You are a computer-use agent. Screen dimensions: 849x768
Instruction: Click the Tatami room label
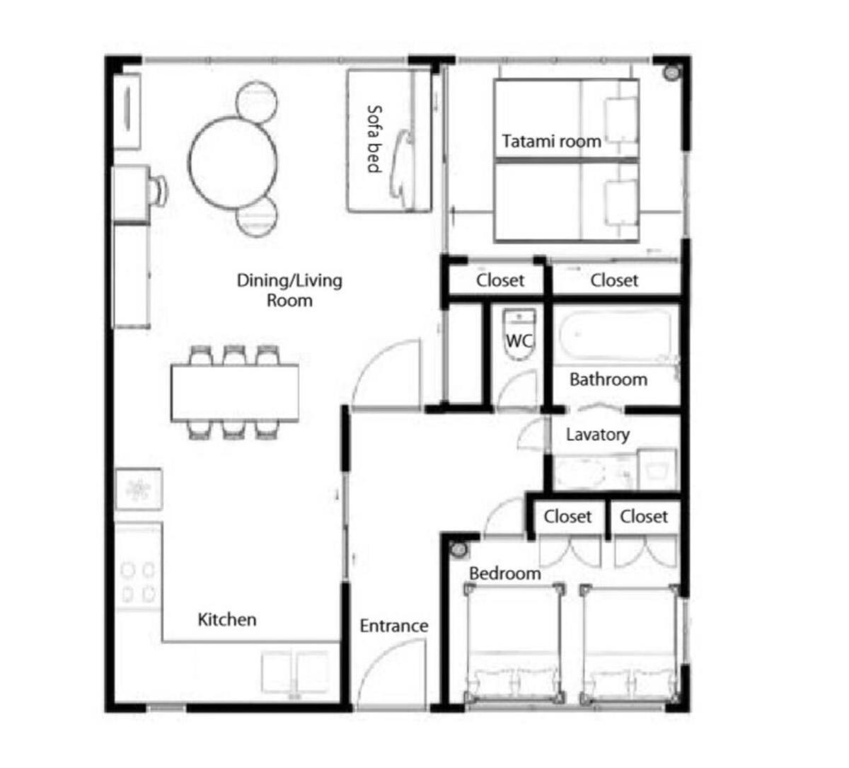(551, 142)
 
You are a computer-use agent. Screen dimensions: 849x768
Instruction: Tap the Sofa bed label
(374, 139)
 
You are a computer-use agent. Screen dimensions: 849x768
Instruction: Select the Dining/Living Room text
(289, 290)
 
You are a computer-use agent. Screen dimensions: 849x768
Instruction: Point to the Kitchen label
(227, 620)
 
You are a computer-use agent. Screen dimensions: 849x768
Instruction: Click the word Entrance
(394, 626)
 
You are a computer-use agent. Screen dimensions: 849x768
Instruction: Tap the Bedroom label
(505, 573)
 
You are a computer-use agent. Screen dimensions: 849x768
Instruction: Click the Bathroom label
(608, 379)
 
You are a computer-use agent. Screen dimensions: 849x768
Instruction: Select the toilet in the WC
(519, 335)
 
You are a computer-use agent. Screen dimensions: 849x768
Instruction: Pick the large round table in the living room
(233, 162)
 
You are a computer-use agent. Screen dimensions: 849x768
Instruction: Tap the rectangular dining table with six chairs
(235, 393)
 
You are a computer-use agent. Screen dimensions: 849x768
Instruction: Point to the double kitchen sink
(295, 672)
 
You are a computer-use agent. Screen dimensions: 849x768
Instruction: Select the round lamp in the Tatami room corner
(671, 73)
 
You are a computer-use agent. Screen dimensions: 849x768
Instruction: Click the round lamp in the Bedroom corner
(458, 550)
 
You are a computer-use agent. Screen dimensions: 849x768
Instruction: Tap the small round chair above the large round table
(257, 103)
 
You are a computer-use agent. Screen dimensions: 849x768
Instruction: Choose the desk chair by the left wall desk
(158, 190)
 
